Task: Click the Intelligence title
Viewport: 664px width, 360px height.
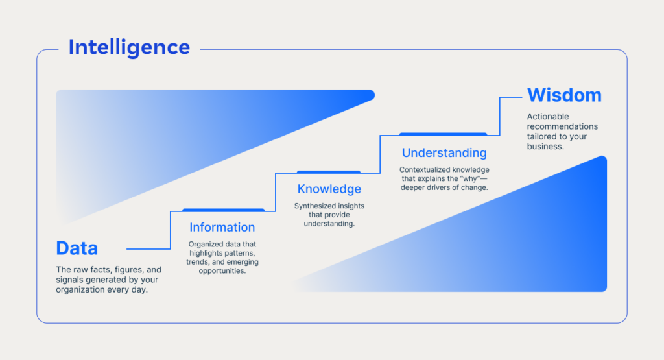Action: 129,47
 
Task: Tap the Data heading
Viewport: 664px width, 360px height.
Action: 77,248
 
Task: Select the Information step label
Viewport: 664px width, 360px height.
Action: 222,228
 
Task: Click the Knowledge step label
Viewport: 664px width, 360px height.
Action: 329,189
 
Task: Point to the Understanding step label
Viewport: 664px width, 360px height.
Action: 444,153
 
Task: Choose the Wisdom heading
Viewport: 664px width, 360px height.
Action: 564,95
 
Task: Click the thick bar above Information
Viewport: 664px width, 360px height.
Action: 223,210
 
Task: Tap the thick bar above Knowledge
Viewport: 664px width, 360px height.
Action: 329,172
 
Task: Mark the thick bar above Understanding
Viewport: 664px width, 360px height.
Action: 443,134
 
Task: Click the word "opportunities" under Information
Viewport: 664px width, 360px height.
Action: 222,270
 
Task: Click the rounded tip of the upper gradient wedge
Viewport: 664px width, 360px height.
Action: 370,95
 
